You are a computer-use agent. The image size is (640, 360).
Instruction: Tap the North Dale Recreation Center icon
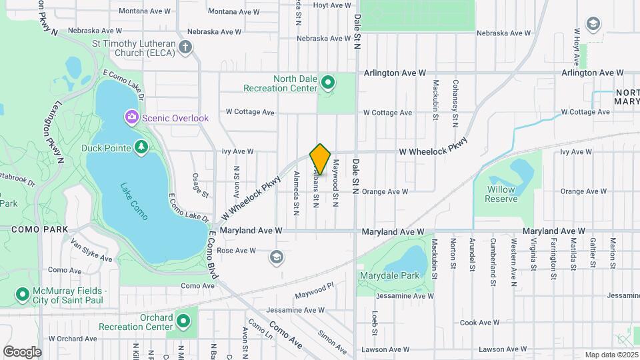click(327, 83)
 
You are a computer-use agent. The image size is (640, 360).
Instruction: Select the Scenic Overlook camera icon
click(132, 118)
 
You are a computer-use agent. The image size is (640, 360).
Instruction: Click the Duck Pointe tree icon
click(141, 147)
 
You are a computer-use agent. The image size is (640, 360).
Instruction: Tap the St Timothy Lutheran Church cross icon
click(185, 47)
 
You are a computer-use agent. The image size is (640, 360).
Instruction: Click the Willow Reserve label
click(501, 194)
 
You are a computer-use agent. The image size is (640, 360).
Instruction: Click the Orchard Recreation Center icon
click(183, 322)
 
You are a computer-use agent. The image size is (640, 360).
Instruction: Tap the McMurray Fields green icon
click(22, 294)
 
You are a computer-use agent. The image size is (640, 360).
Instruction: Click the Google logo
click(22, 351)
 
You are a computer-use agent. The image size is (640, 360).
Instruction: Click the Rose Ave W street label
click(237, 251)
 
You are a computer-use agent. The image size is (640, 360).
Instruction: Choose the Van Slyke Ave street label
click(91, 251)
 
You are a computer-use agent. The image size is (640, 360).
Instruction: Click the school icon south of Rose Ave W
click(276, 257)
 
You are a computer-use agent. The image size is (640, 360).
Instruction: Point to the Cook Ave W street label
click(475, 323)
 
